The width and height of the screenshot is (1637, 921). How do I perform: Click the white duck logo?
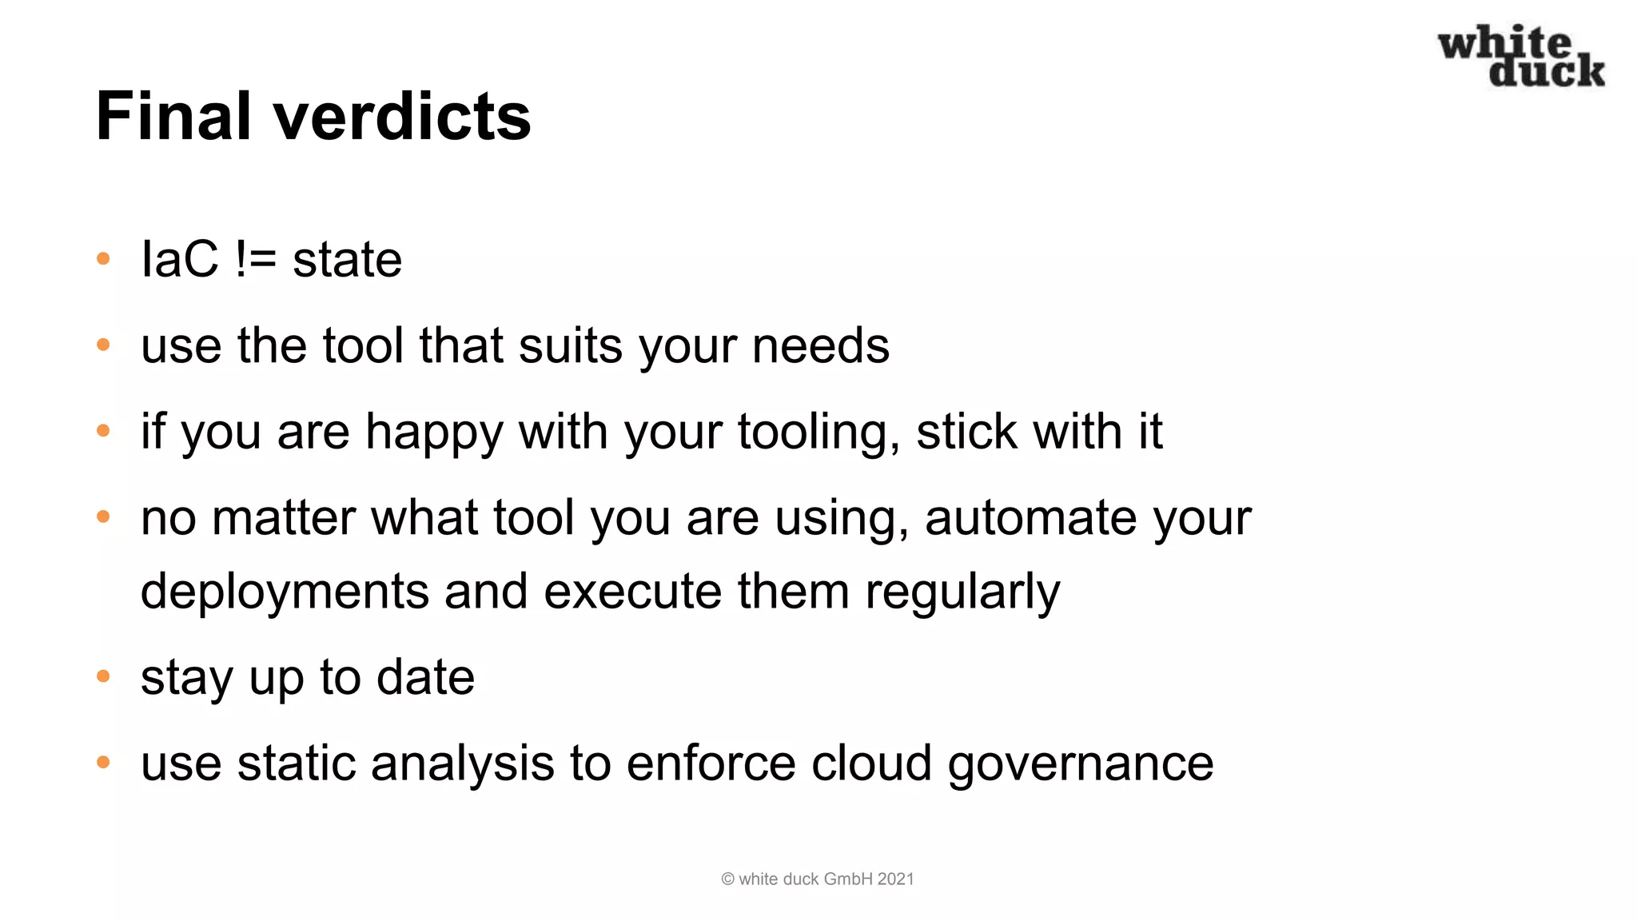tap(1521, 56)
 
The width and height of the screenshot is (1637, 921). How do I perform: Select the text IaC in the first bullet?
tap(179, 259)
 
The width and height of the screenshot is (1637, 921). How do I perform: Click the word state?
tap(347, 261)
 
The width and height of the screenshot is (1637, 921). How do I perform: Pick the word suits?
tap(570, 345)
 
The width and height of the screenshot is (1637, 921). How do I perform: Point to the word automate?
tap(1031, 518)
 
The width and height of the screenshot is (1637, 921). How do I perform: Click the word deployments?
tap(285, 592)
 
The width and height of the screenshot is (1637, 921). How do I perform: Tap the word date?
tap(425, 677)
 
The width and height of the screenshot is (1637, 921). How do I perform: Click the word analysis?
tap(462, 764)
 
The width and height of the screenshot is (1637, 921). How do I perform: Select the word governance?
tap(1080, 764)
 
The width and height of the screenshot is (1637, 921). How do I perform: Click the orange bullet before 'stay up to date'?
tap(103, 677)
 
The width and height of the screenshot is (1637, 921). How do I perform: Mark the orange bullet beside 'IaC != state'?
tap(103, 259)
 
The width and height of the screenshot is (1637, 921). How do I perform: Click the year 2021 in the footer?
tap(895, 879)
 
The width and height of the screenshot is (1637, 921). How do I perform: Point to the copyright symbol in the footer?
tap(727, 879)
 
